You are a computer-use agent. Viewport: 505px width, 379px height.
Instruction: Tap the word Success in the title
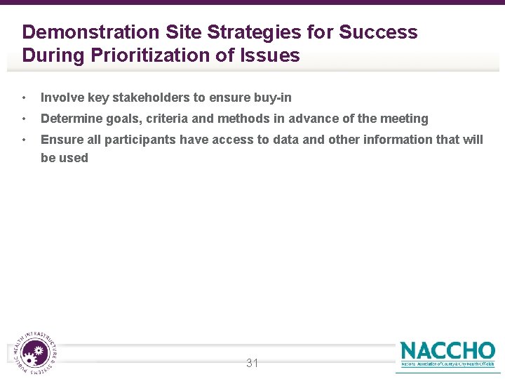pyautogui.click(x=378, y=32)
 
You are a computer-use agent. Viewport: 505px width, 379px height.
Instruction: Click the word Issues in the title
pyautogui.click(x=270, y=55)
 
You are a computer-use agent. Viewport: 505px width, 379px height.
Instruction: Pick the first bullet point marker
pyautogui.click(x=25, y=98)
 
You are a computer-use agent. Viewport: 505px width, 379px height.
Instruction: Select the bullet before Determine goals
pyautogui.click(x=25, y=119)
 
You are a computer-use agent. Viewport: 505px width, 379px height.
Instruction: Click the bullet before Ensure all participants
pyautogui.click(x=25, y=140)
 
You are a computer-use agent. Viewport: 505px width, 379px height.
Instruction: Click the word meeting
pyautogui.click(x=404, y=119)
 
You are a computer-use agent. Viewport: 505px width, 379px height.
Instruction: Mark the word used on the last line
pyautogui.click(x=74, y=158)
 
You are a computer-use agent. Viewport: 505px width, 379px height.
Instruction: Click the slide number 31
pyautogui.click(x=252, y=363)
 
